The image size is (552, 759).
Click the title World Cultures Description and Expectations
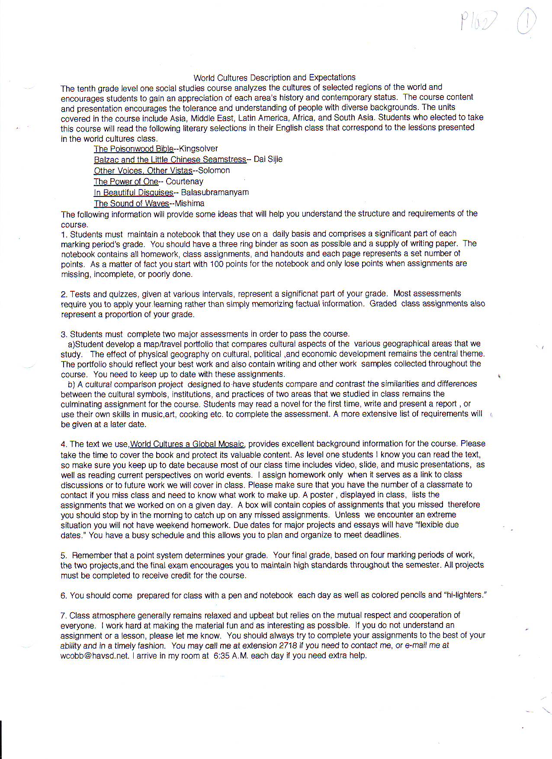pyautogui.click(x=274, y=77)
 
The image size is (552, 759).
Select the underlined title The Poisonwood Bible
pyautogui.click(x=134, y=149)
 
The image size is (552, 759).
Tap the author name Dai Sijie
pyautogui.click(x=268, y=159)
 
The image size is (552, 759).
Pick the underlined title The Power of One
pyautogui.click(x=126, y=182)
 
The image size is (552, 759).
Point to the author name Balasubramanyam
pyautogui.click(x=215, y=192)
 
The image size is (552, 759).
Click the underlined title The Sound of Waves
pyautogui.click(x=132, y=203)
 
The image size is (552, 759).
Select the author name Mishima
pyautogui.click(x=190, y=203)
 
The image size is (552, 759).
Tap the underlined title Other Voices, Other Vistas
pyautogui.click(x=143, y=170)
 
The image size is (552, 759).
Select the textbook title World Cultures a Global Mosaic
pyautogui.click(x=187, y=444)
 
